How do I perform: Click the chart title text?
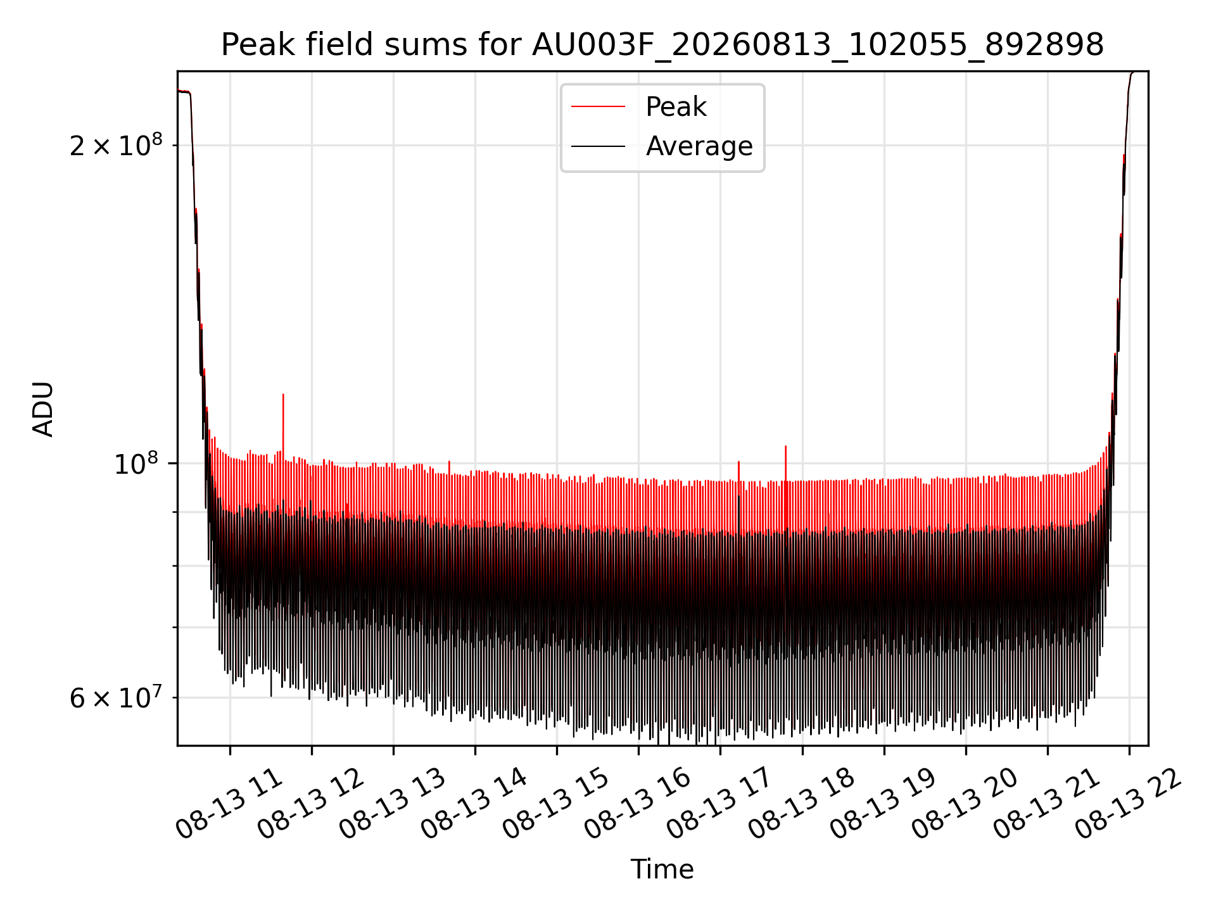coord(662,45)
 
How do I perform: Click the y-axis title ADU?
coord(43,409)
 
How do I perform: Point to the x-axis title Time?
coord(662,869)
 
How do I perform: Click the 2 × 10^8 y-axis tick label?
coord(116,146)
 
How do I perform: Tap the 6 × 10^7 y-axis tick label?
coord(116,698)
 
